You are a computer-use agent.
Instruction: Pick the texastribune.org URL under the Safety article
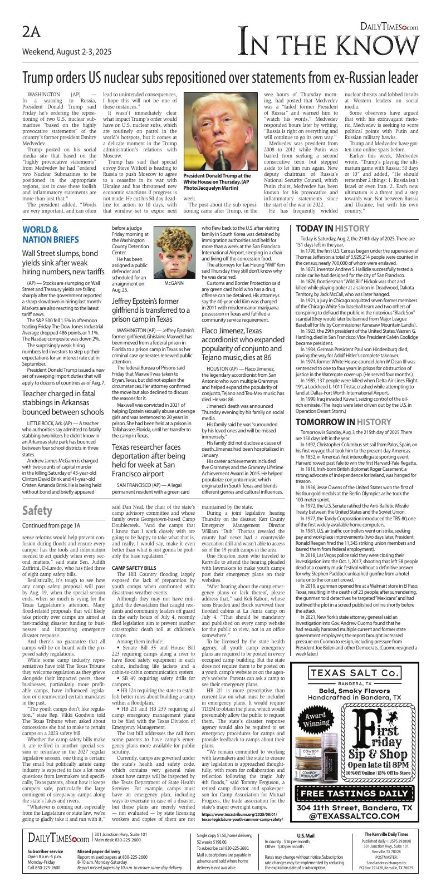243,818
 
